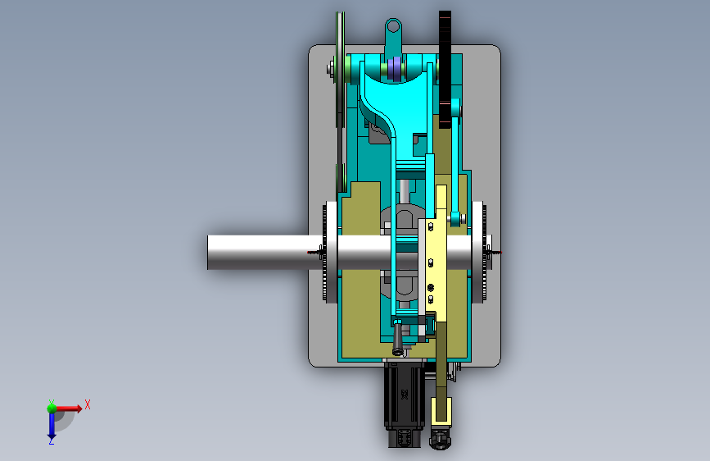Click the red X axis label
[88, 404]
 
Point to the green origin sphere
[52, 409]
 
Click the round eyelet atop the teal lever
[393, 26]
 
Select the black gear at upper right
[445, 70]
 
